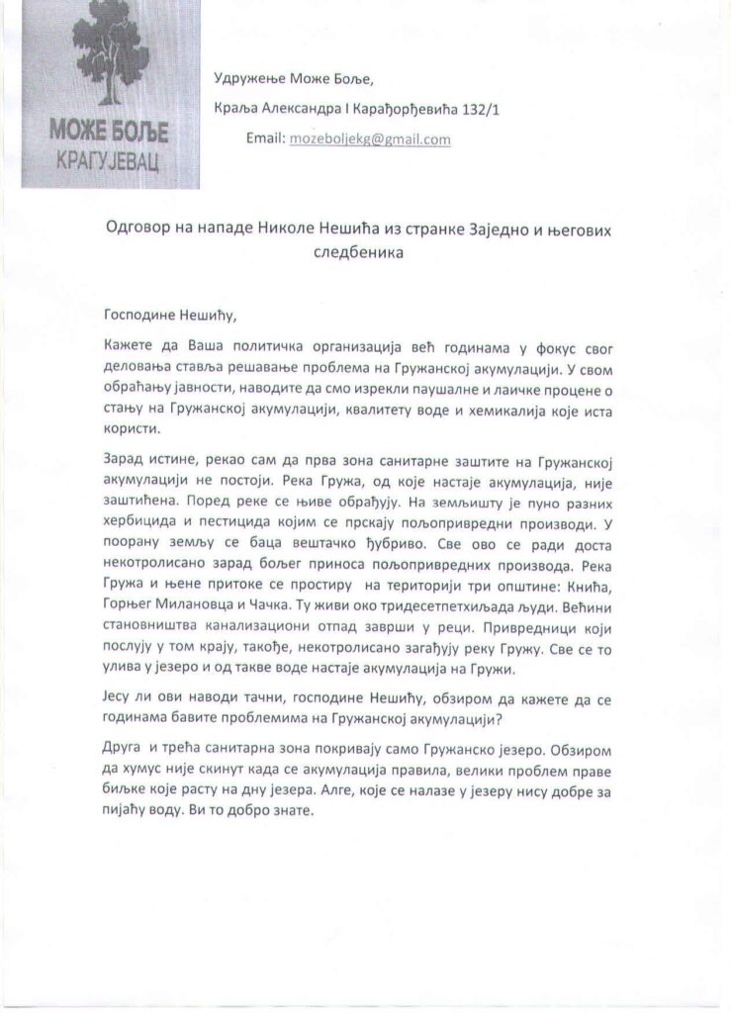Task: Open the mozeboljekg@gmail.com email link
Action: pyautogui.click(x=369, y=139)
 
